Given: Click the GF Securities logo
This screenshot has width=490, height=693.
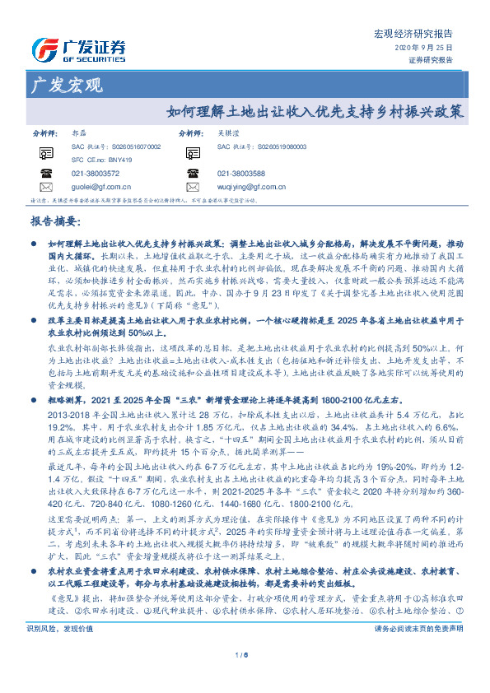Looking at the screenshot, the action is [77, 48].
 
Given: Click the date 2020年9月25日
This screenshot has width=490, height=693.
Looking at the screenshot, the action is [429, 49].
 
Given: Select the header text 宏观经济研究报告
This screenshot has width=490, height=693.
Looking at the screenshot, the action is [413, 35].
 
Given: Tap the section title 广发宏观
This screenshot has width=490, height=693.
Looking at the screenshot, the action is [65, 85].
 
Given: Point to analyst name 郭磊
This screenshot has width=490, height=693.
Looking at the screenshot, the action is [80, 133].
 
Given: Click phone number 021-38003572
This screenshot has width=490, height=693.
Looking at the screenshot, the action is [96, 174].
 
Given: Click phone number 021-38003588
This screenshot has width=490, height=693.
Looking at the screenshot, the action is [241, 174].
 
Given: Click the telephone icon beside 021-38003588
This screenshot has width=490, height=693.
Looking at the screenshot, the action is [193, 174].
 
